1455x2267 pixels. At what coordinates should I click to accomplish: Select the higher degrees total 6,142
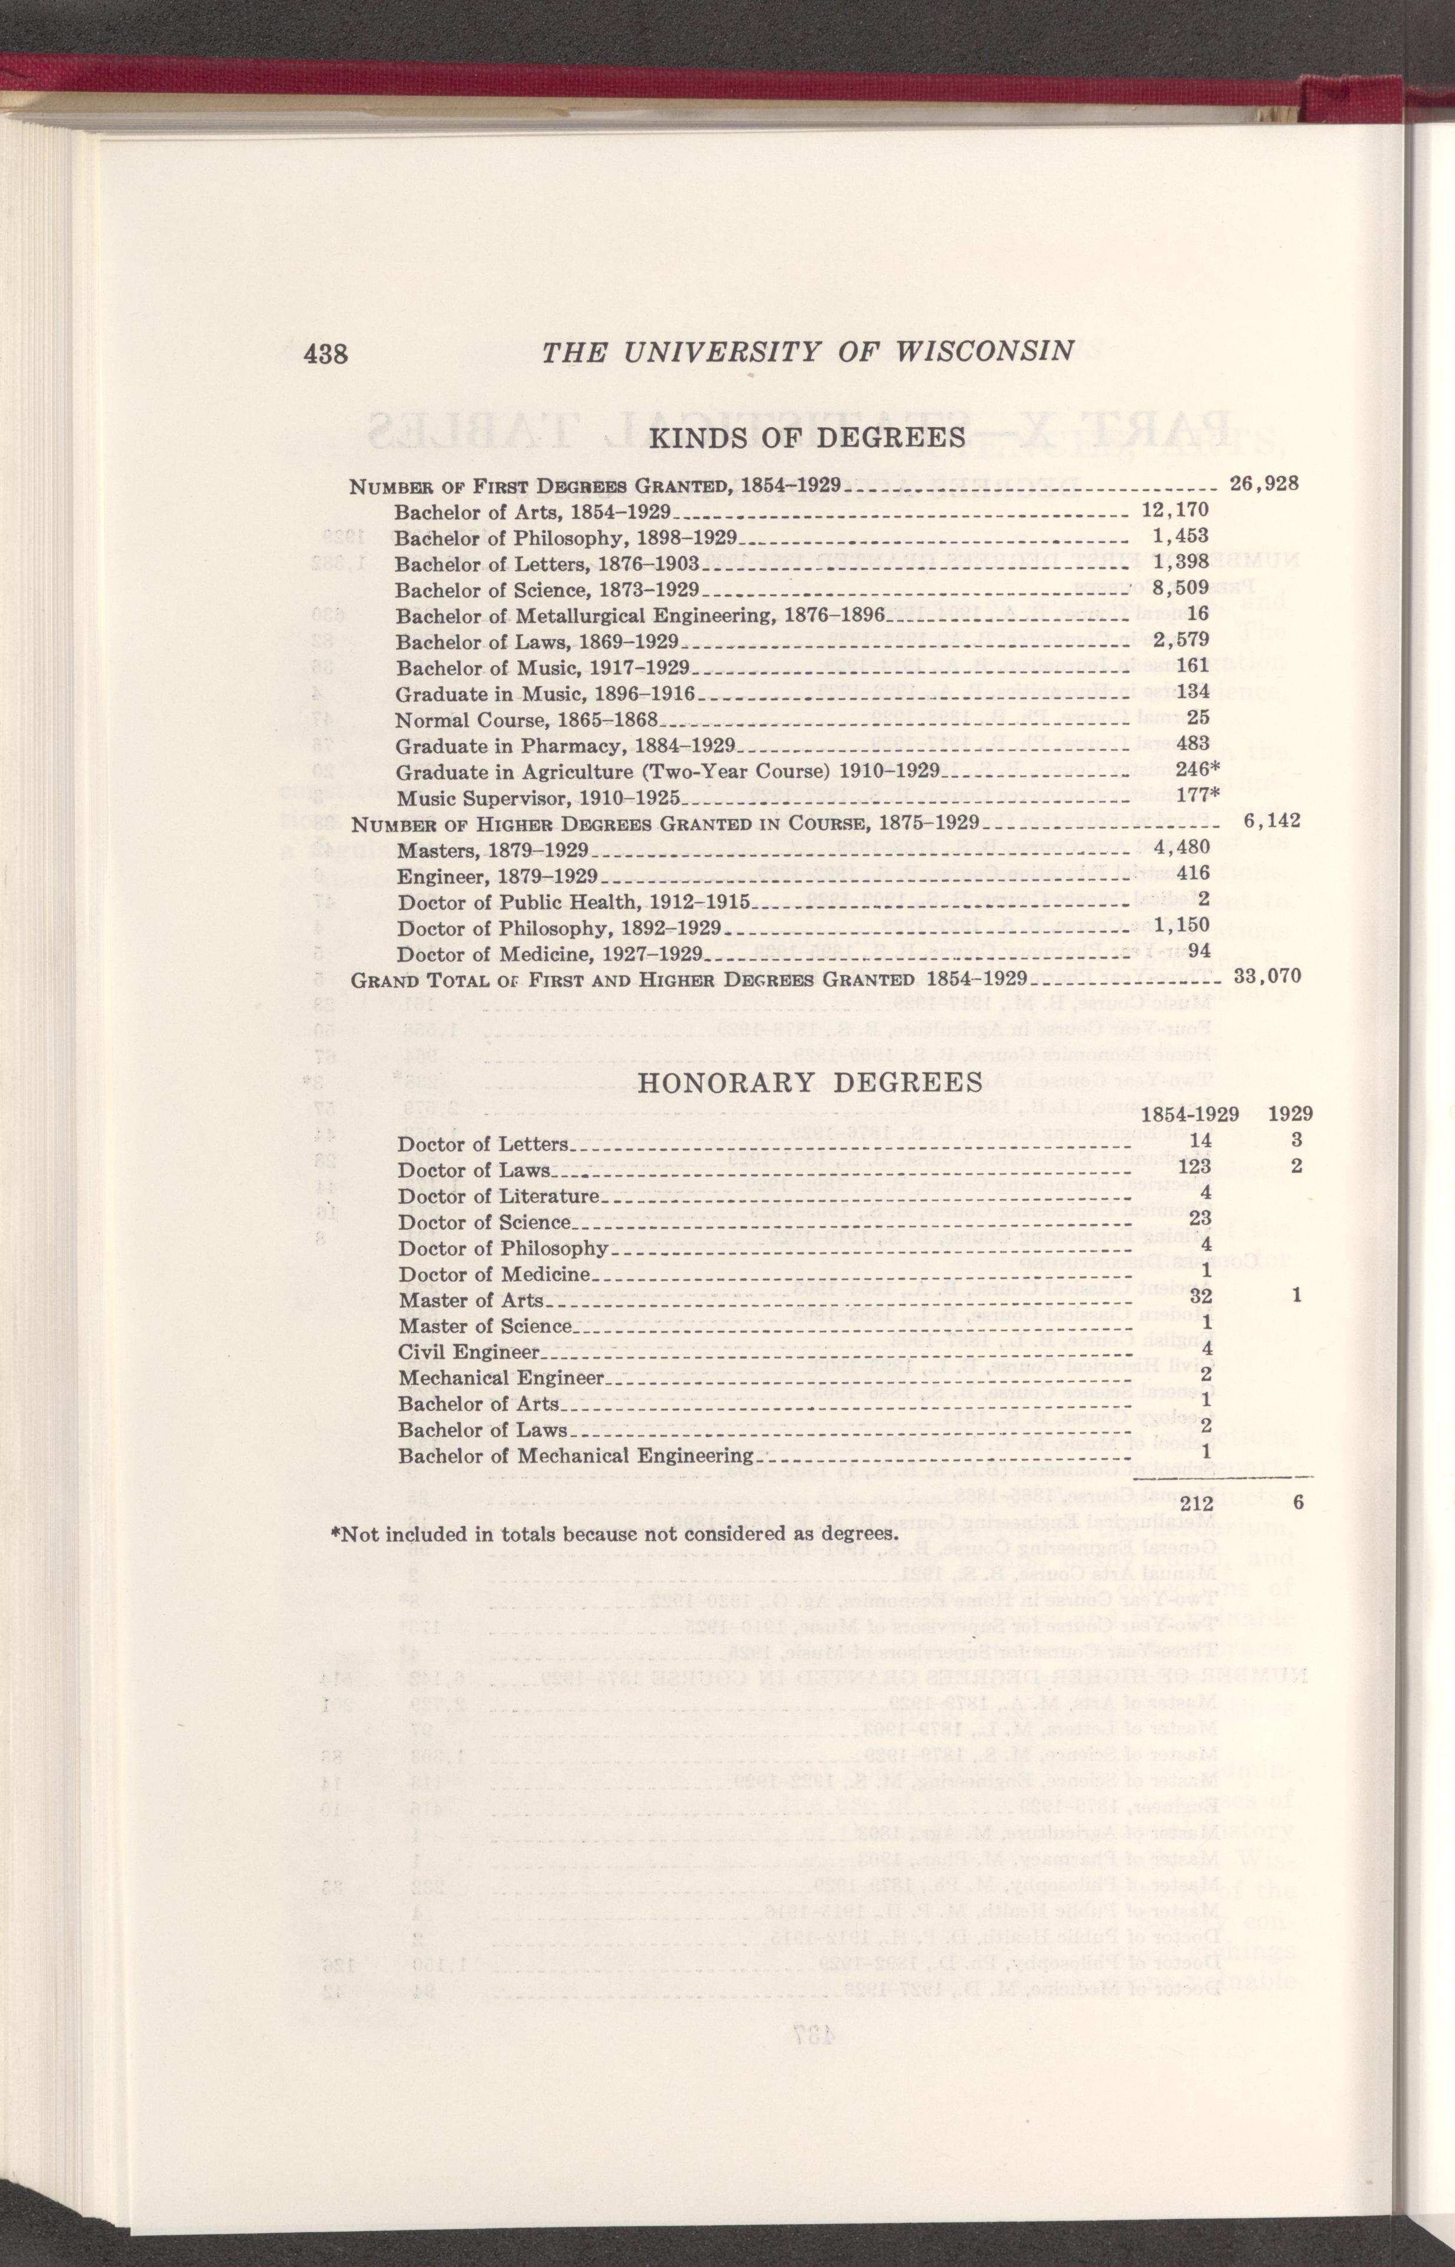[x=1271, y=821]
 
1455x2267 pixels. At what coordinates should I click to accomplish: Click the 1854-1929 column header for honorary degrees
[x=1190, y=1114]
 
